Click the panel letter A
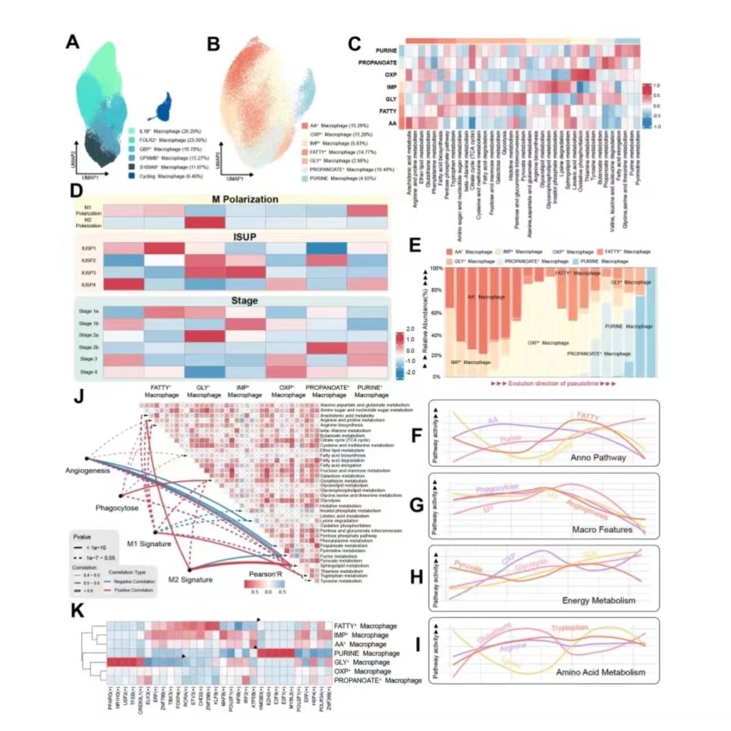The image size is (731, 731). point(72,41)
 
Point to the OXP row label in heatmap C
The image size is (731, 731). point(391,74)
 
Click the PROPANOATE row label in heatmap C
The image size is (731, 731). point(377,63)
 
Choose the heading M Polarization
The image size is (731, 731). point(245,200)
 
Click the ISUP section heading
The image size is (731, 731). point(244,236)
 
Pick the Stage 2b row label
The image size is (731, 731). point(89,347)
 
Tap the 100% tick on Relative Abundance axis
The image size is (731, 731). point(437,268)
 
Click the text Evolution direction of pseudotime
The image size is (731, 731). point(553,384)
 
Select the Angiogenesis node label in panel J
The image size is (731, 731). point(87,471)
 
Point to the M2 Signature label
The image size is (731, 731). point(190,580)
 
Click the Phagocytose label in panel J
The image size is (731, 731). point(117,508)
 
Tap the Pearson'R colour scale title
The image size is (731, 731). point(265,575)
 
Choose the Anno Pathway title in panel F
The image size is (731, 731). point(597,457)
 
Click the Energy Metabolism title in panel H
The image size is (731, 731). point(599,600)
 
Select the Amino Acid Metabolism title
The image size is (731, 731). point(600,672)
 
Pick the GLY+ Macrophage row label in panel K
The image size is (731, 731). point(362,662)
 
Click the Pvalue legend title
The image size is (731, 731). point(82,537)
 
